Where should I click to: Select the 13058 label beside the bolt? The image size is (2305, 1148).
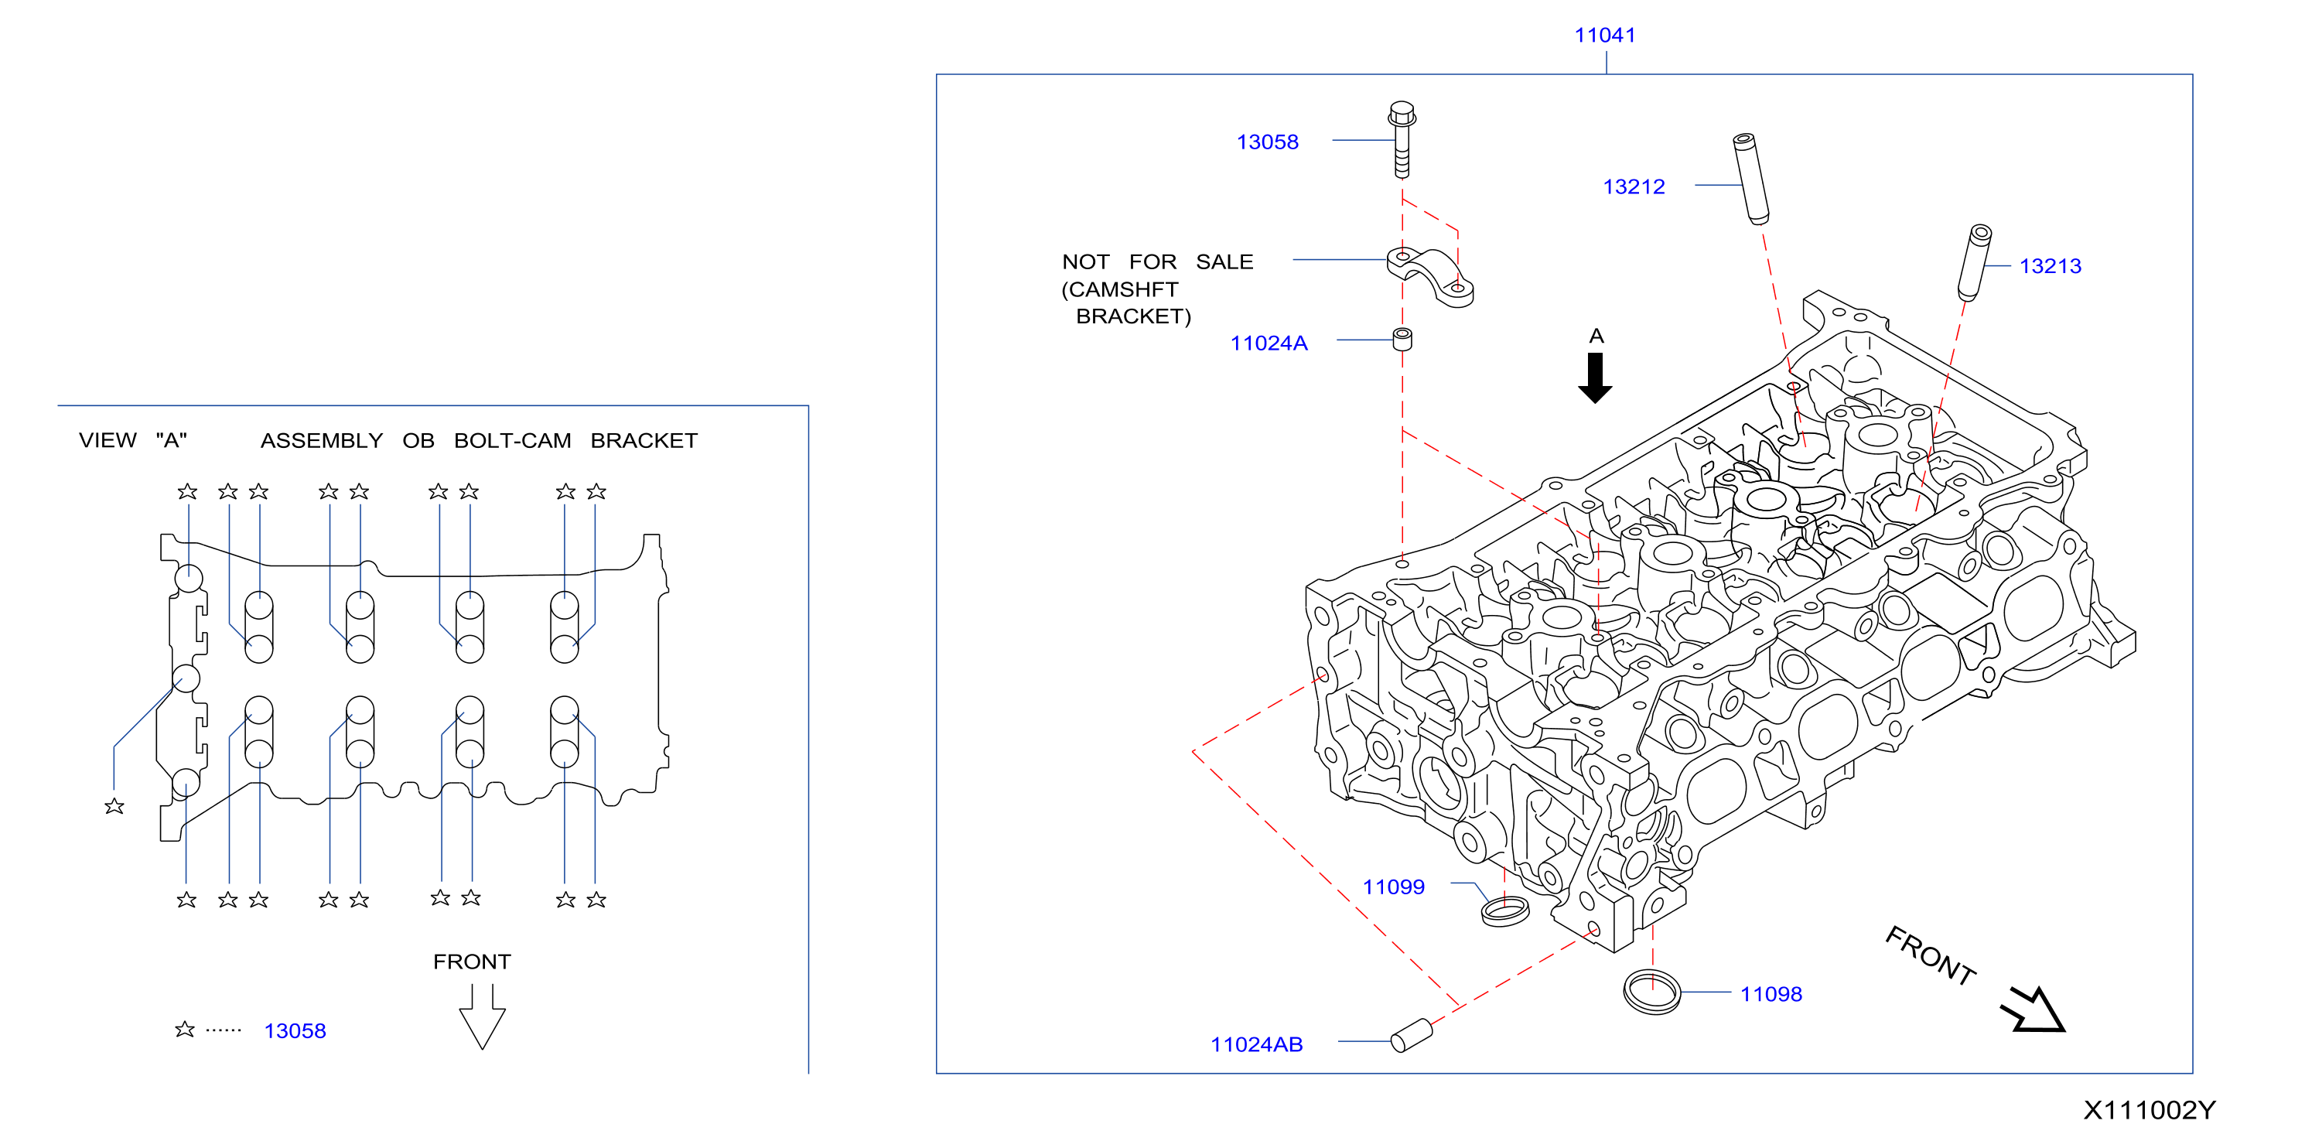(1267, 142)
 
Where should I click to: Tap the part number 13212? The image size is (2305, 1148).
(1633, 186)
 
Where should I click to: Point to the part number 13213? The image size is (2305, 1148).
(2050, 266)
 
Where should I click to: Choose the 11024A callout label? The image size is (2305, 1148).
(1268, 343)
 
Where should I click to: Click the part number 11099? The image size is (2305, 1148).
(1393, 887)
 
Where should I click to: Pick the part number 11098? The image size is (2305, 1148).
(1771, 994)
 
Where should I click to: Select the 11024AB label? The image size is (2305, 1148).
(1256, 1044)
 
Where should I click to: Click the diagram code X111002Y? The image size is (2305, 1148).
(2150, 1110)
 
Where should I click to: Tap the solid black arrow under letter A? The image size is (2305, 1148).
(1594, 378)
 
